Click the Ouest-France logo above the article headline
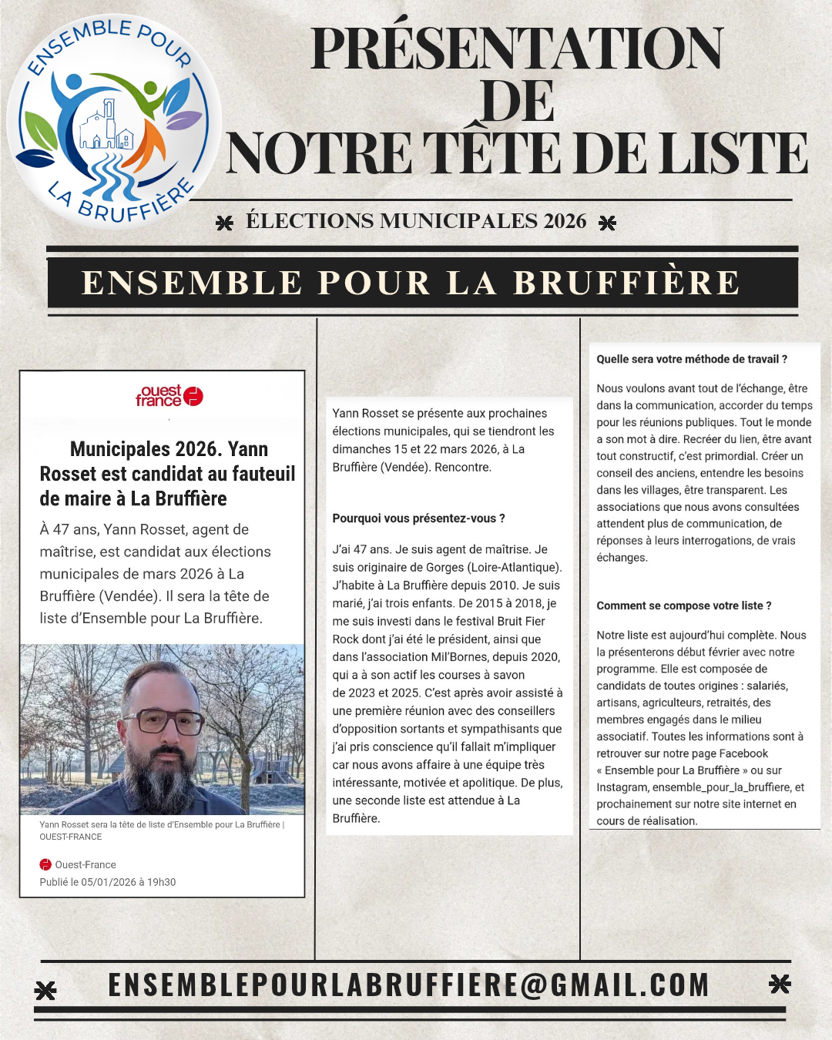[x=169, y=395]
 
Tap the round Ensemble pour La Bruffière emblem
[x=114, y=122]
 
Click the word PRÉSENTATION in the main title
[x=517, y=49]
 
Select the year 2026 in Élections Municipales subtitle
[x=565, y=221]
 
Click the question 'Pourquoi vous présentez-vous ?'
[x=418, y=518]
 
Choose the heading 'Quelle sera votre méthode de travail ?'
[x=692, y=359]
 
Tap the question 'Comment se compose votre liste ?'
[x=684, y=606]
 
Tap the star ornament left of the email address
[x=45, y=990]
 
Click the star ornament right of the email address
[x=780, y=984]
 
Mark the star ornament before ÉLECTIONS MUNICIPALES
[x=224, y=223]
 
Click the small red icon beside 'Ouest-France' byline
[x=45, y=864]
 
